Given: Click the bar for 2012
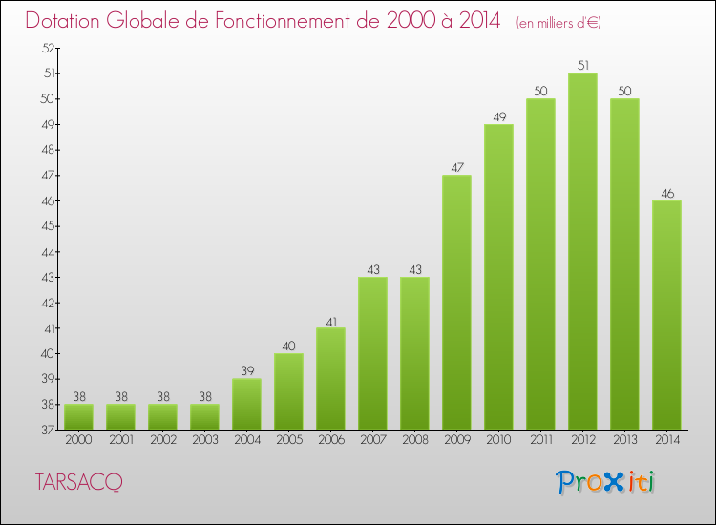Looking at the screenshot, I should click(x=582, y=251).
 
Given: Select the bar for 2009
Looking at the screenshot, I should click(x=456, y=302).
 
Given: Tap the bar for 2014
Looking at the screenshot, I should click(x=666, y=315).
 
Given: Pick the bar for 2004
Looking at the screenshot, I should click(x=246, y=404).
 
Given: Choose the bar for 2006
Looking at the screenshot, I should click(x=330, y=378).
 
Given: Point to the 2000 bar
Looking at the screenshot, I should click(x=78, y=416).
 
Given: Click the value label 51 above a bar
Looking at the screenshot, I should click(x=582, y=66).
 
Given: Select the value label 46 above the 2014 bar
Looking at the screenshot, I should click(x=666, y=194).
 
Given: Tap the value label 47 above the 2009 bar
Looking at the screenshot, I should click(x=456, y=168).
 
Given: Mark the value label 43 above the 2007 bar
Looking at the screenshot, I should click(x=372, y=270).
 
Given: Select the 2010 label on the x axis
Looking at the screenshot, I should click(x=498, y=440).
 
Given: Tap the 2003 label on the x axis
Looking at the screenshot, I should click(x=204, y=440).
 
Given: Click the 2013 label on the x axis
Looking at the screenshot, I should click(x=624, y=440).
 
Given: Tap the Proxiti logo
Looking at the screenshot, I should click(x=606, y=481).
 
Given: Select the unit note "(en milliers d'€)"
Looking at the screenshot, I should click(x=558, y=22).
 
